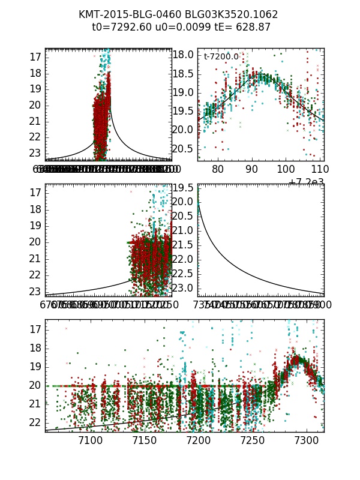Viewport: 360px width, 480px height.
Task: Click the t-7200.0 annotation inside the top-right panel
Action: (221, 57)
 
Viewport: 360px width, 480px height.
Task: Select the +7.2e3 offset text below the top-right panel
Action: (307, 182)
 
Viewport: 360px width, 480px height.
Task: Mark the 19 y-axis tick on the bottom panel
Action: (35, 367)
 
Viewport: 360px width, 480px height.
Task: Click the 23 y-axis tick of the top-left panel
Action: (35, 153)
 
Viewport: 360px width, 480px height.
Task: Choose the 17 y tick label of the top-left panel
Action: (35, 57)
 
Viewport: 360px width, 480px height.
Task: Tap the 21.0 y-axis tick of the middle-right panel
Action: (185, 230)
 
